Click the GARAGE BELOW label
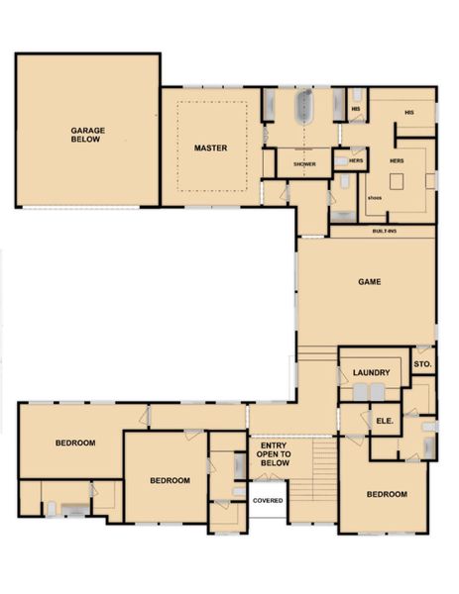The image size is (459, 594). pos(87,135)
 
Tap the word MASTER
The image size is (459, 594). pos(210,148)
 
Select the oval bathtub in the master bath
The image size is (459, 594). pos(304,106)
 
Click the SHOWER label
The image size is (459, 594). pos(304,163)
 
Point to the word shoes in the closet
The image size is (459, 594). pos(374,197)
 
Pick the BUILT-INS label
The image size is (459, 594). pos(385,231)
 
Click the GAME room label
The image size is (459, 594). pos(369,282)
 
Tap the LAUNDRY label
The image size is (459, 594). pos(371,373)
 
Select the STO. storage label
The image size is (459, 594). pos(422,365)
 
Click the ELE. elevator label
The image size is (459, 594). pos(385,421)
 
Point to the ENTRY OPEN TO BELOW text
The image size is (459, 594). pos(273,454)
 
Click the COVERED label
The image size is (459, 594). pos(268,500)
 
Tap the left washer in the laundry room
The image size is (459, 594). pos(361,392)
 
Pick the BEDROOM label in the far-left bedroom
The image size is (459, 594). pos(74,443)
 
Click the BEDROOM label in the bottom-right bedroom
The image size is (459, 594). pos(387,494)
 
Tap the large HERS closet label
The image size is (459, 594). pos(397,160)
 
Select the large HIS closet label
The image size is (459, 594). pos(408,113)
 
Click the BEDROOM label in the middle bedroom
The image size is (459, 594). pos(170,480)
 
